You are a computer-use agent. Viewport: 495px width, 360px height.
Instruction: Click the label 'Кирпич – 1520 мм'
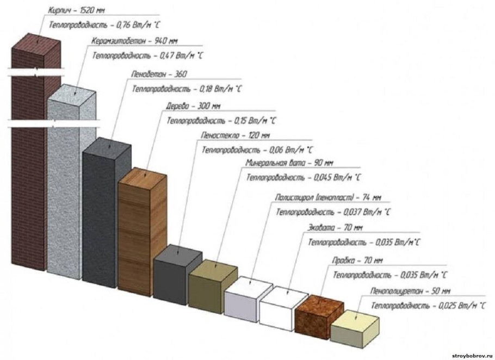tap(76, 10)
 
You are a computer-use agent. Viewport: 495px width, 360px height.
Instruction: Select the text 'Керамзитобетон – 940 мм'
tap(134, 41)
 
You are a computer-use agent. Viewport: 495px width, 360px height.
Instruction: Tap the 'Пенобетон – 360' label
tap(159, 74)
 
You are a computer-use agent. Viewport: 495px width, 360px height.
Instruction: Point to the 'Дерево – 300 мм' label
tap(193, 106)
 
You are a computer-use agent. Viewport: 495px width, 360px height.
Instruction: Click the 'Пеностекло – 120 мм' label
tap(236, 135)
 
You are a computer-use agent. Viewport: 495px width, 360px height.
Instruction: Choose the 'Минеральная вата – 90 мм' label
tap(289, 163)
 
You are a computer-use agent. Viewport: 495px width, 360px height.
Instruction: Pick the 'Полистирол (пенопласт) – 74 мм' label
tap(329, 197)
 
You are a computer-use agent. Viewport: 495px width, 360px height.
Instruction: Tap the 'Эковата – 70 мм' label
tap(335, 227)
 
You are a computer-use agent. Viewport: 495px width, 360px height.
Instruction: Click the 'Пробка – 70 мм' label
tap(357, 260)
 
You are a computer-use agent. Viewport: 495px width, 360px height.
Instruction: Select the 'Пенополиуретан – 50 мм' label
tap(410, 291)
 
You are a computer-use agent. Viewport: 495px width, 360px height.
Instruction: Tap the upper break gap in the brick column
tap(36, 71)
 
